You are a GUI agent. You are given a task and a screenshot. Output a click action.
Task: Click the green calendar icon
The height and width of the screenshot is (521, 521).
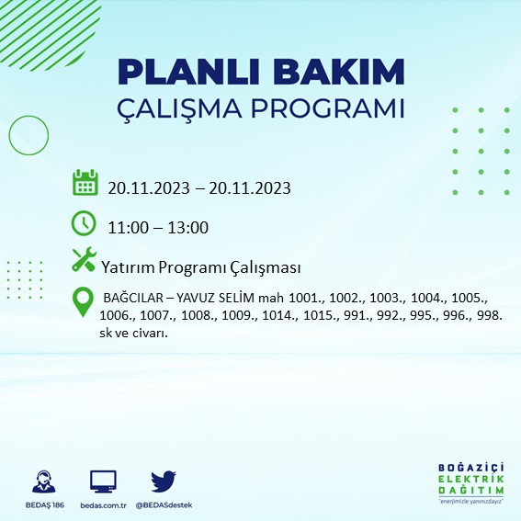(85, 183)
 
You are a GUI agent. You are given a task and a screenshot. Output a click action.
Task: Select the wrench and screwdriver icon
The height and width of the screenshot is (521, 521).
(85, 261)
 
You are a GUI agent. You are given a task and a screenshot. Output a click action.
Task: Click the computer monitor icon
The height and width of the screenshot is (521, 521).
(103, 481)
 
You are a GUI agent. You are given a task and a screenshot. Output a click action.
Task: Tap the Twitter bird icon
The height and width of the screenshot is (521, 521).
(164, 481)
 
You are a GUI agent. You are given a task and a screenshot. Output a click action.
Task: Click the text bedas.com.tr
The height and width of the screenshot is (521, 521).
(103, 505)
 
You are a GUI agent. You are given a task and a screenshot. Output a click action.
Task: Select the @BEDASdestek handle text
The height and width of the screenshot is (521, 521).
(164, 505)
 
